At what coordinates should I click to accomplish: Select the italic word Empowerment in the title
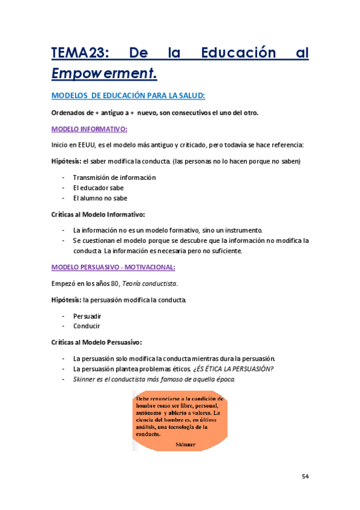tap(103, 73)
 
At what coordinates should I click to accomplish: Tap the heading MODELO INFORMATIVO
tap(89, 129)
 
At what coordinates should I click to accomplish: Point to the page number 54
tap(305, 477)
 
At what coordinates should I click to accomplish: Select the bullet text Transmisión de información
tap(114, 177)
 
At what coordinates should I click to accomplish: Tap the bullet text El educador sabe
tap(98, 188)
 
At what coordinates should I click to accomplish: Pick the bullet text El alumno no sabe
tap(100, 198)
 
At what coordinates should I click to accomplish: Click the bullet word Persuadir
tap(87, 316)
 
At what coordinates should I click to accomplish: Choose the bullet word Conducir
tap(87, 326)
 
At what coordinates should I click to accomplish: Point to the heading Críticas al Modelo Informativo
tap(98, 214)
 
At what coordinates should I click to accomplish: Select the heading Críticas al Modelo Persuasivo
tap(97, 342)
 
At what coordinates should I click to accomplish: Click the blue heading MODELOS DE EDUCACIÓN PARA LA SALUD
tap(129, 96)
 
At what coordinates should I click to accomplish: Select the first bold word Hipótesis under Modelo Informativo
tap(66, 161)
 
